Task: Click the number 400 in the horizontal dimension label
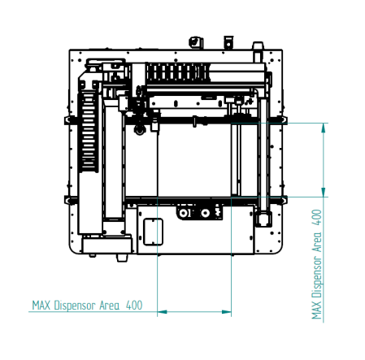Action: (x=134, y=306)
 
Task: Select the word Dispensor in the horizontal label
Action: (x=75, y=306)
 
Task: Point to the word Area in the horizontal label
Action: (x=109, y=306)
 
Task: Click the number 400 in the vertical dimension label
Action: (x=316, y=217)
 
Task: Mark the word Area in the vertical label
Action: (x=316, y=242)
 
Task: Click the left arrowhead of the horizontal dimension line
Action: (x=162, y=312)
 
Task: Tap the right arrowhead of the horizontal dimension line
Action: (x=227, y=312)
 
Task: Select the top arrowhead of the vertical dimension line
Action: (x=324, y=128)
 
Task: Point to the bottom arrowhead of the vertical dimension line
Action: (x=324, y=192)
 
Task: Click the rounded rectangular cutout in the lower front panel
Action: (x=153, y=232)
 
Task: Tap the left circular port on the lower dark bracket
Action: (x=185, y=213)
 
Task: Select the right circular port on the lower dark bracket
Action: (x=205, y=213)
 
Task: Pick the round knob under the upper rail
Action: (x=140, y=130)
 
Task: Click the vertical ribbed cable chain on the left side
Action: (x=88, y=132)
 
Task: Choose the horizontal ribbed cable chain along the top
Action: (x=177, y=72)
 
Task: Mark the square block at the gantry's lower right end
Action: (x=263, y=219)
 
